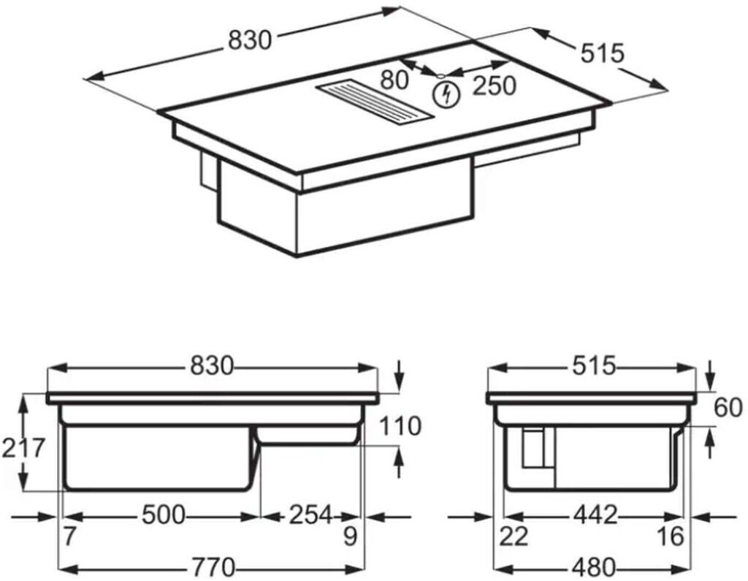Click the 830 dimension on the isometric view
pos(250,41)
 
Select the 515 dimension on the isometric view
pos(603,53)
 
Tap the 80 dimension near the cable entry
pos(394,79)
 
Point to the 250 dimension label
pos(494,85)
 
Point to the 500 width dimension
pos(162,514)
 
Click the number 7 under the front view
pos(69,537)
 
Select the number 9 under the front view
pos(350,537)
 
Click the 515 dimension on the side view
pos(595,365)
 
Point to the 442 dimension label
pos(595,514)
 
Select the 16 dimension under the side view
pos(670,537)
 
